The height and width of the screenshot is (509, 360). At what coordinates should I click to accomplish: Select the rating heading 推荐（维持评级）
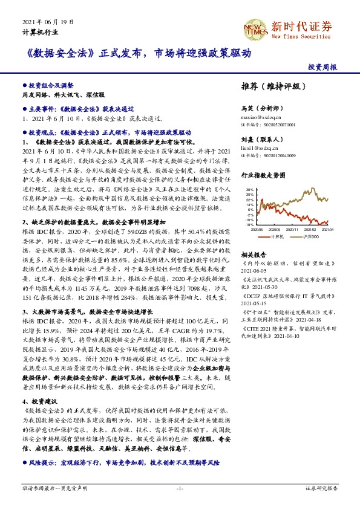274,86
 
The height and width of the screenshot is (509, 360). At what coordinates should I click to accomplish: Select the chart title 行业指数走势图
263,175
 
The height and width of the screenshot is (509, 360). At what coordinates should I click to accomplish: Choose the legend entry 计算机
277,236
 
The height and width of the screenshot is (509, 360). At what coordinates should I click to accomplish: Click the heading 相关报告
253,254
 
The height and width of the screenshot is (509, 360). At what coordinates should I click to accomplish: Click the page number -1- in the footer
180,488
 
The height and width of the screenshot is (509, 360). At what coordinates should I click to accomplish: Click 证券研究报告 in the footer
321,488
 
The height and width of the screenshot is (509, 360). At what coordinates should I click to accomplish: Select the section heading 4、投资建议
40,401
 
